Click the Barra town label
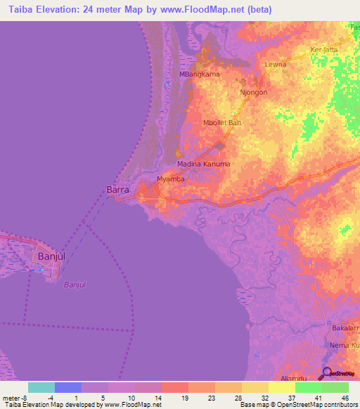(x=117, y=189)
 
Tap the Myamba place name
(x=171, y=179)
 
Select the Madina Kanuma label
(x=203, y=164)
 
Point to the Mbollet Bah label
(x=222, y=122)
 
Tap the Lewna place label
(x=275, y=64)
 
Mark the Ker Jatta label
(x=324, y=50)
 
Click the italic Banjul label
(x=75, y=284)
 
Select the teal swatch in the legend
(x=41, y=387)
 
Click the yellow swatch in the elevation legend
(x=282, y=387)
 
